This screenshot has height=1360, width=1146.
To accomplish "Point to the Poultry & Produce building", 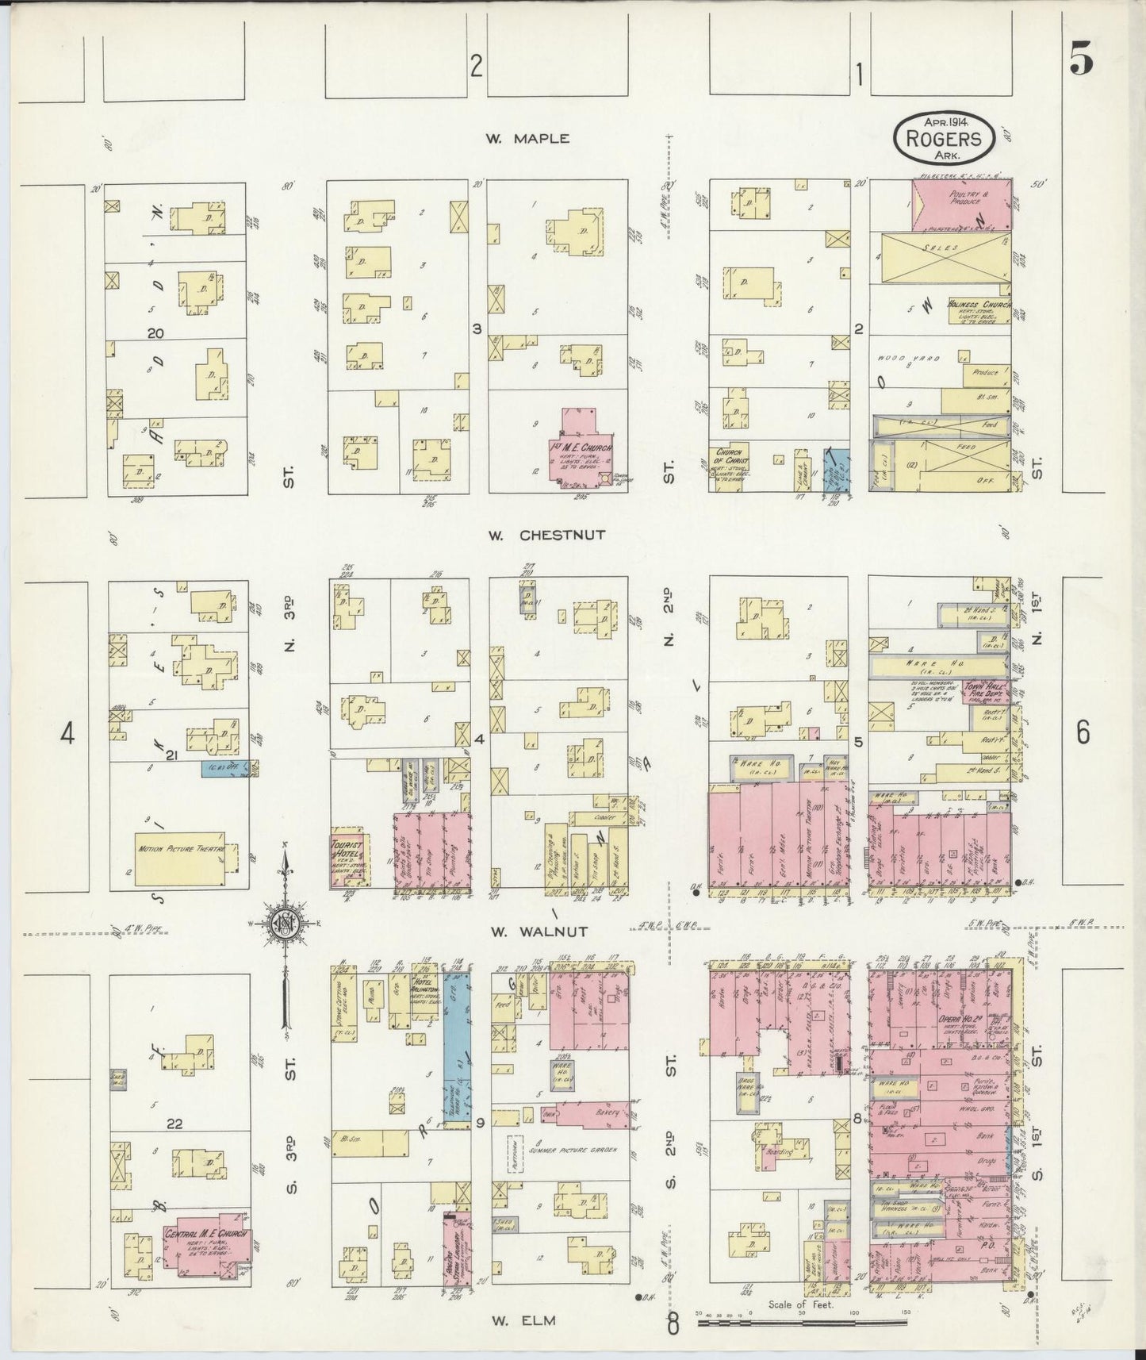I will (961, 205).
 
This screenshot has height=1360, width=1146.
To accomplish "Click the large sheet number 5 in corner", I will (1082, 60).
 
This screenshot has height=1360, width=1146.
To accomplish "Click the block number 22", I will (175, 1124).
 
